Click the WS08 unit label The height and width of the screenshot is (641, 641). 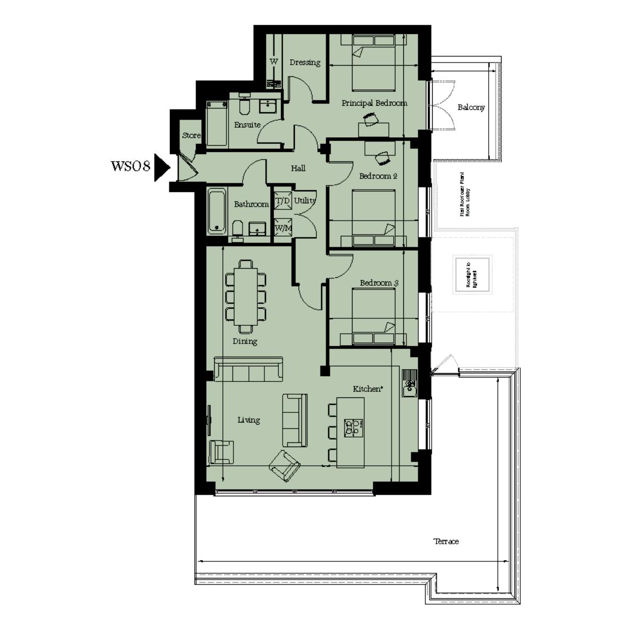click(x=129, y=166)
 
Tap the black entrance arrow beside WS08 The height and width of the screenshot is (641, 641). click(x=161, y=167)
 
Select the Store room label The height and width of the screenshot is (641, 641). click(x=191, y=136)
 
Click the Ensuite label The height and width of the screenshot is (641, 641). click(x=247, y=125)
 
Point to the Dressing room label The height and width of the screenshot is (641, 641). click(x=305, y=62)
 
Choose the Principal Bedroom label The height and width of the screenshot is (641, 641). click(x=374, y=103)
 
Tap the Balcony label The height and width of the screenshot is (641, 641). click(x=471, y=107)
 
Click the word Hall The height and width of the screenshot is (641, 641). click(x=298, y=168)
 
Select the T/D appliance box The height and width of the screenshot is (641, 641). click(x=283, y=201)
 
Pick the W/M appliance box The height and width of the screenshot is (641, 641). click(x=283, y=228)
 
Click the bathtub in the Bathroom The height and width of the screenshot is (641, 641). click(x=217, y=210)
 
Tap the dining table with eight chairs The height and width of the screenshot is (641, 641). click(x=246, y=295)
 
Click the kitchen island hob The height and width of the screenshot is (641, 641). click(x=353, y=426)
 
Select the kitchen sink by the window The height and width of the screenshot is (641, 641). click(x=409, y=383)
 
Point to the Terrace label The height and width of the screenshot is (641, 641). click(x=445, y=542)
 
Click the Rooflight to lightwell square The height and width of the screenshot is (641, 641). click(x=472, y=275)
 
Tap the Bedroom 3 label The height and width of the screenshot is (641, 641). click(x=379, y=283)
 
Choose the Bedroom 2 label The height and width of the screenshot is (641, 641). click(x=378, y=176)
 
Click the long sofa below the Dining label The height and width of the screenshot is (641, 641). click(x=248, y=369)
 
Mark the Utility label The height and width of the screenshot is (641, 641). click(x=304, y=201)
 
